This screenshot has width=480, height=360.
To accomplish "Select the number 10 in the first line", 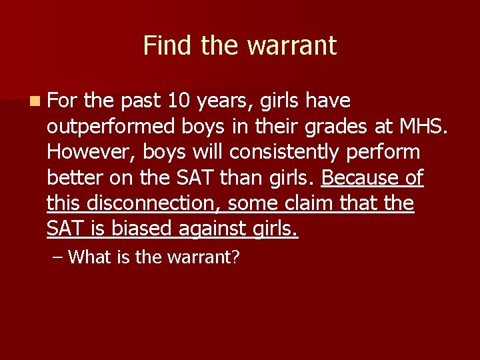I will pyautogui.click(x=178, y=101).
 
